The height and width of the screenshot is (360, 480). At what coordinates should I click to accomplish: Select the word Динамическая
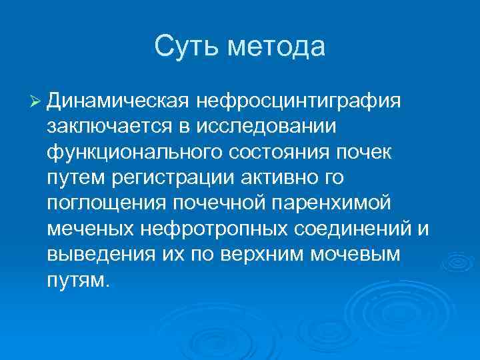(x=117, y=101)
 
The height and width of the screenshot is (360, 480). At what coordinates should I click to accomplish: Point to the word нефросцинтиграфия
(x=299, y=101)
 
